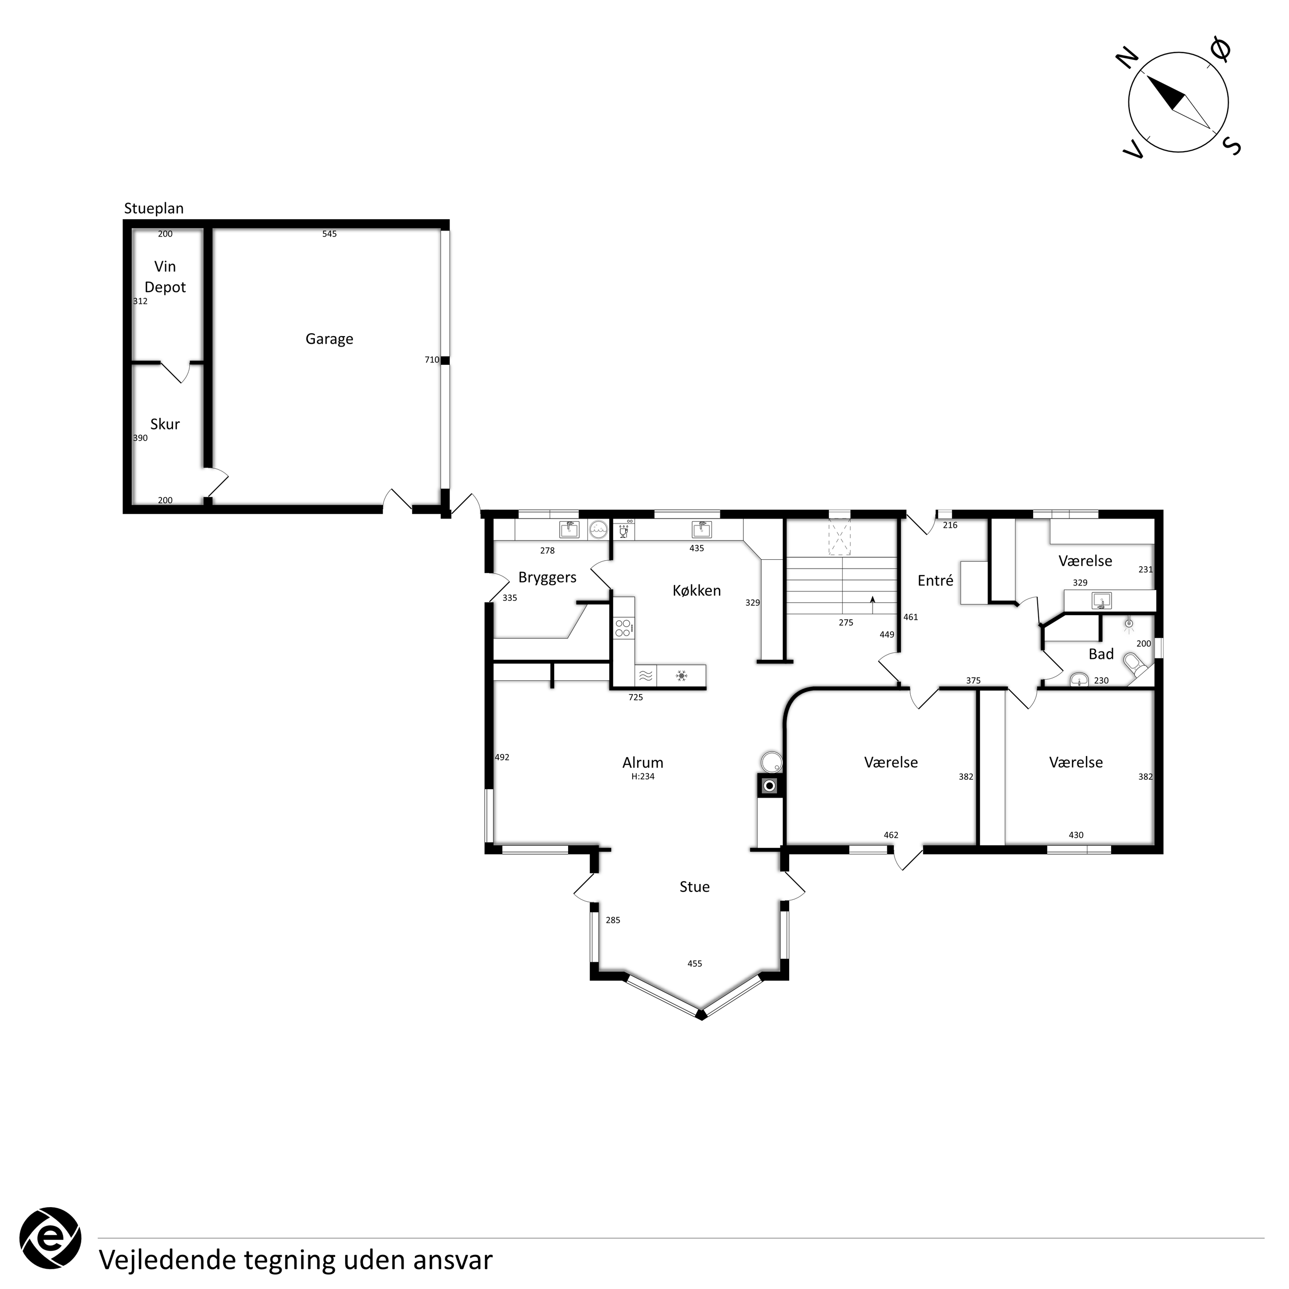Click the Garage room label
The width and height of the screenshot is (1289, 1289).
pos(329,340)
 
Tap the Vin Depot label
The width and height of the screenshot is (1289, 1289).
pos(165,277)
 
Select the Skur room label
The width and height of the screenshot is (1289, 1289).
pos(165,424)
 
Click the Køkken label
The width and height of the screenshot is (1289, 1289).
pos(697,590)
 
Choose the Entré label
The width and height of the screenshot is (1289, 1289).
pos(936,581)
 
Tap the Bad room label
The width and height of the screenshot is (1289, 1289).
pos(1101,654)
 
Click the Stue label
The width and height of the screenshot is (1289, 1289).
pos(695,887)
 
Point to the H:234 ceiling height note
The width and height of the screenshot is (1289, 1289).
pos(643,776)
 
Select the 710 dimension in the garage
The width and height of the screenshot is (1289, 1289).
pos(432,359)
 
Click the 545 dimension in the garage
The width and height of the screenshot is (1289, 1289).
pos(330,234)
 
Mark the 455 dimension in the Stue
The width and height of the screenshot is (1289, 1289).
pos(695,963)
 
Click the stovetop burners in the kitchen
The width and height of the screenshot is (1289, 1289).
pos(623,628)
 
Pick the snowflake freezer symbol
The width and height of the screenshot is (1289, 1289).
pos(681,676)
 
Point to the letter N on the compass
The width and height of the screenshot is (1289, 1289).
pos(1127,58)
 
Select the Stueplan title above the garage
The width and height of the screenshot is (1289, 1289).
pos(154,209)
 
